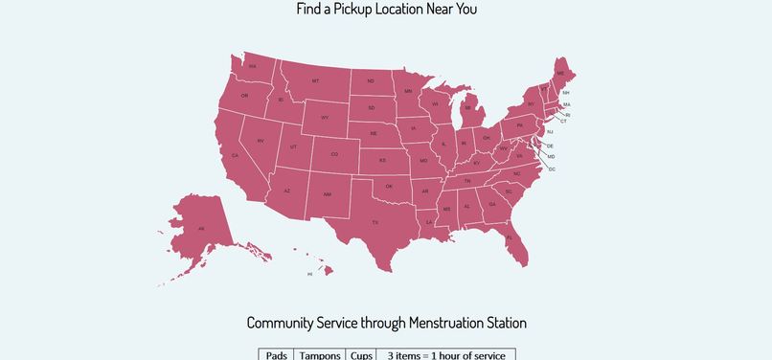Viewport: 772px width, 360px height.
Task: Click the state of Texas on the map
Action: (x=375, y=221)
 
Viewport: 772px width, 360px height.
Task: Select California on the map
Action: (x=236, y=156)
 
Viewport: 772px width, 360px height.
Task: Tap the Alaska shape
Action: (x=200, y=229)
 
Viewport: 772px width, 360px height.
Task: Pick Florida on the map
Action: (x=510, y=237)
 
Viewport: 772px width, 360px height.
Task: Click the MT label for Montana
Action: (x=315, y=81)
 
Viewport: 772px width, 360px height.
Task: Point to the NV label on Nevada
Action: (x=260, y=141)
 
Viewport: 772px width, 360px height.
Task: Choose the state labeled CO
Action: (x=334, y=154)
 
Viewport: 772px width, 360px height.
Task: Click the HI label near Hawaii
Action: (x=309, y=274)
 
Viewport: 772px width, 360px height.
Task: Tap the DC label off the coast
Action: (x=552, y=169)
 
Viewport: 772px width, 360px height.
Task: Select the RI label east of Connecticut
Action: (x=567, y=114)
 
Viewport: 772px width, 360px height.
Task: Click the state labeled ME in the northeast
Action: (x=560, y=74)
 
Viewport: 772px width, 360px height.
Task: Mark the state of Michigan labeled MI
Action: (x=467, y=108)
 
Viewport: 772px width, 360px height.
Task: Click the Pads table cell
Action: (x=276, y=355)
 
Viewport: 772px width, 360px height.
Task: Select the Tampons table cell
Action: (x=319, y=355)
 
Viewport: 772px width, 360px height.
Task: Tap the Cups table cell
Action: (x=361, y=355)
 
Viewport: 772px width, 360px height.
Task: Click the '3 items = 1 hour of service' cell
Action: (x=445, y=355)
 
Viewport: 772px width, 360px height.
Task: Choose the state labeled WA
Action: (x=252, y=67)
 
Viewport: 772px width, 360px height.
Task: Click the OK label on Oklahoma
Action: (x=389, y=187)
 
